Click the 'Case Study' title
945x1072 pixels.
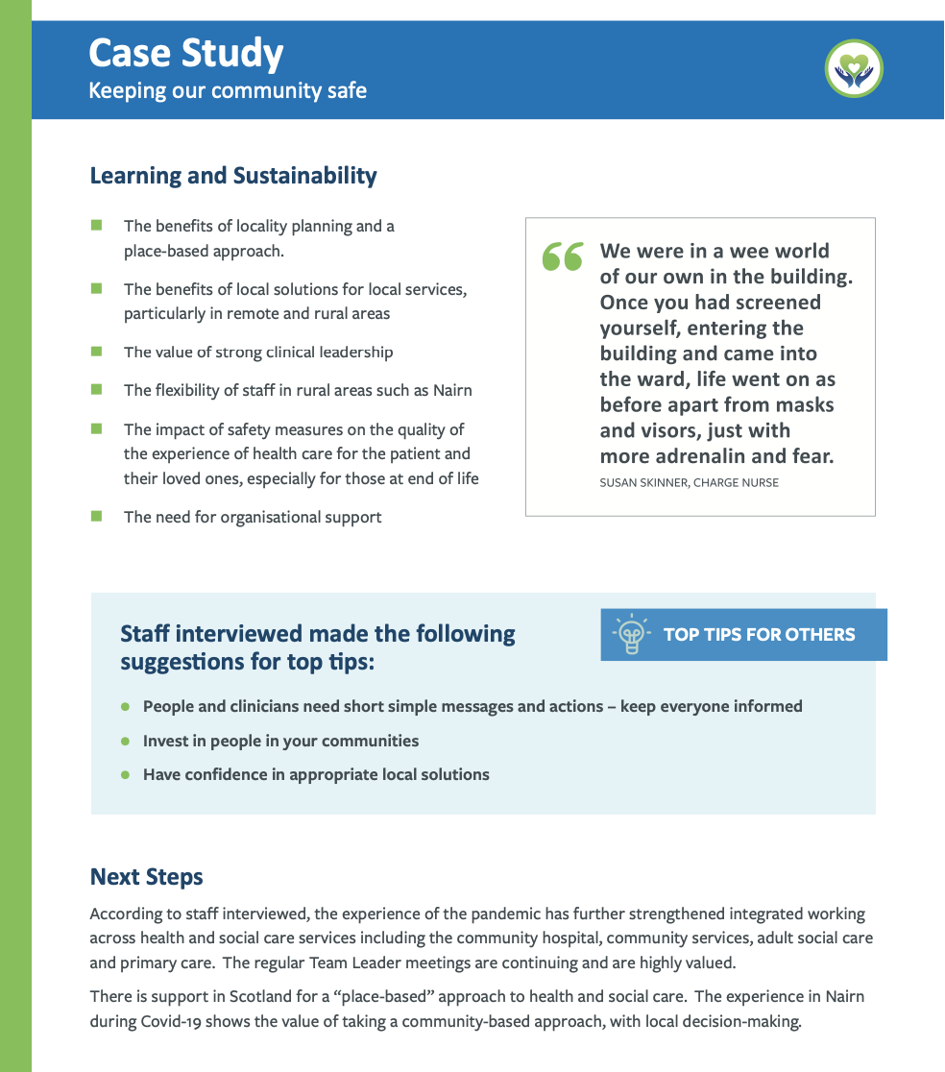[185, 54]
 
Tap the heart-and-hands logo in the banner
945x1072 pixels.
[853, 69]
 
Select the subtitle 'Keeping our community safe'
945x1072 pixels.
[228, 92]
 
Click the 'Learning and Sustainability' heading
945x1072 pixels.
[233, 177]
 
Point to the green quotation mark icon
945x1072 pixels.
[563, 256]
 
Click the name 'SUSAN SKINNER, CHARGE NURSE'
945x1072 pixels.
[689, 483]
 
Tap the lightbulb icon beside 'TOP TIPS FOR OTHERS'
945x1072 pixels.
[630, 635]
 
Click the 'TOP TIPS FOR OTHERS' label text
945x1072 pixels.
[759, 635]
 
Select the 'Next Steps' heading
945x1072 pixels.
[146, 877]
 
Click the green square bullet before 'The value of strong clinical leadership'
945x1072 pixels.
[96, 352]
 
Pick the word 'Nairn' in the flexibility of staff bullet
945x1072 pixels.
[451, 390]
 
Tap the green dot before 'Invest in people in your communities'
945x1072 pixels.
[125, 742]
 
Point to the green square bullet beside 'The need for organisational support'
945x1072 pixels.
[96, 517]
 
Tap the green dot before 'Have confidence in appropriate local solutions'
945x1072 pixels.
[125, 775]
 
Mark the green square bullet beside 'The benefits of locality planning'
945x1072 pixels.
[96, 226]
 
